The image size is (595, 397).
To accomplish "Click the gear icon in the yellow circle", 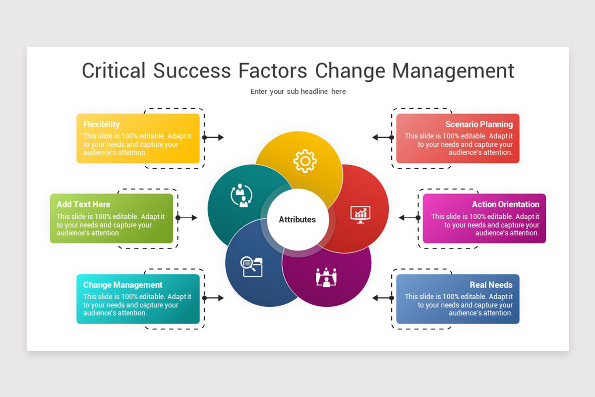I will [304, 161].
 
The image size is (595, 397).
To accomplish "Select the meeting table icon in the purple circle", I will [326, 277].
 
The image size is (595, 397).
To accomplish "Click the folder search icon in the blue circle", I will [252, 266].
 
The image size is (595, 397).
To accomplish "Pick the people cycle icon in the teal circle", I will [241, 195].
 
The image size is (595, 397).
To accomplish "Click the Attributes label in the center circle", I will [297, 219].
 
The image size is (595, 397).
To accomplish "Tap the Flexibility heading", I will [102, 124].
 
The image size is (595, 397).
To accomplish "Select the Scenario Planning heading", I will [478, 124].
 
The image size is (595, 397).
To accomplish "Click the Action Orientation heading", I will [505, 204].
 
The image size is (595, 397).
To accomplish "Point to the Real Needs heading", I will [491, 285].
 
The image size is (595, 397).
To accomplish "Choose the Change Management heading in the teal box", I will [122, 285].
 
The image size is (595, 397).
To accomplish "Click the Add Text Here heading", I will [83, 204].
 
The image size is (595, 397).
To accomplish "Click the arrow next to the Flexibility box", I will [214, 137].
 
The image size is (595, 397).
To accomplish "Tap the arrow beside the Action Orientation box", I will [409, 217].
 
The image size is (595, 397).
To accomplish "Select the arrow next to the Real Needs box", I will [382, 298].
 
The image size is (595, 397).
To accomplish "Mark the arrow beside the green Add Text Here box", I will [187, 217].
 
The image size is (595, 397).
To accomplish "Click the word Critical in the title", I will [114, 70].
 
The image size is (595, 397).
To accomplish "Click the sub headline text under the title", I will [298, 91].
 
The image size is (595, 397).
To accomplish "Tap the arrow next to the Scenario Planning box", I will [382, 137].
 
